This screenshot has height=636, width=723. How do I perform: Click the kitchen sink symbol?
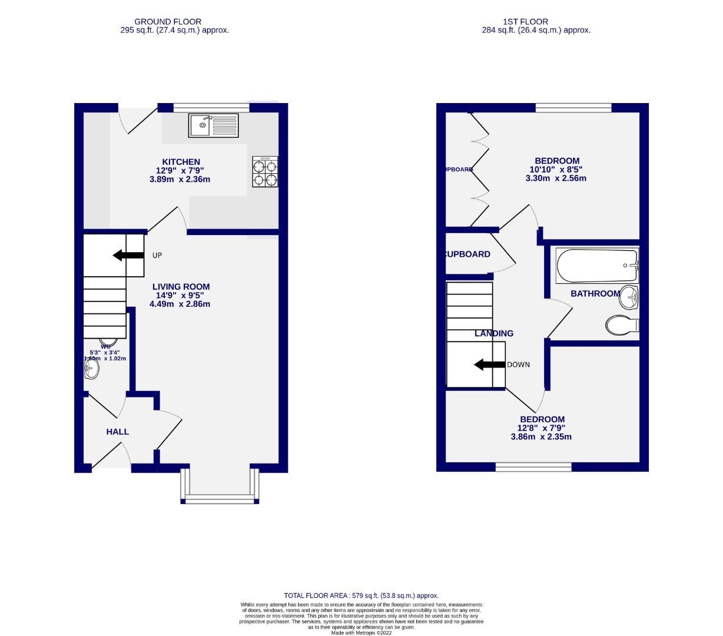tap(213, 125)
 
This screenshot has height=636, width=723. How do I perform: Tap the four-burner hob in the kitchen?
tap(264, 171)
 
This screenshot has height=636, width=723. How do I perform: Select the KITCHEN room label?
tap(181, 162)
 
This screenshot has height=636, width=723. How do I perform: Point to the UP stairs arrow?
tap(128, 255)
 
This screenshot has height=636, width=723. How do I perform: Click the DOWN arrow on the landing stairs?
tap(489, 365)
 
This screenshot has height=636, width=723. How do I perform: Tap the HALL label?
tap(117, 432)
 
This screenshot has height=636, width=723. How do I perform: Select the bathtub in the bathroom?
tap(596, 265)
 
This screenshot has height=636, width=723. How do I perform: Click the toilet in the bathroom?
tap(621, 324)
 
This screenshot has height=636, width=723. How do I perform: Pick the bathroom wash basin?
tap(629, 297)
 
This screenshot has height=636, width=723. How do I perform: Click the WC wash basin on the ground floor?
tap(92, 370)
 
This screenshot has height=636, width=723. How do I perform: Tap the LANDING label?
tap(494, 333)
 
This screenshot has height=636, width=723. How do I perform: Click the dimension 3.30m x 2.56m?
tap(556, 178)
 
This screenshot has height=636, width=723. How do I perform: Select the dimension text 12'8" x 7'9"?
tap(541, 428)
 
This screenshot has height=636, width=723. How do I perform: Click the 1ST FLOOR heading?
tap(535, 22)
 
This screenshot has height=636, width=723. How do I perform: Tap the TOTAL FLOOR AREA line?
tap(361, 595)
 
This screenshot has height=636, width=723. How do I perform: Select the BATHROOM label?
tap(595, 293)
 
